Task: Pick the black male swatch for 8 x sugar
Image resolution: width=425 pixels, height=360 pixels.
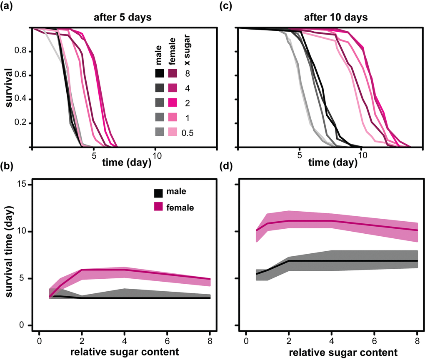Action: tap(159, 73)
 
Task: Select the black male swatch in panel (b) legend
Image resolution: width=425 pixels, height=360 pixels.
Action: tap(159, 192)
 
